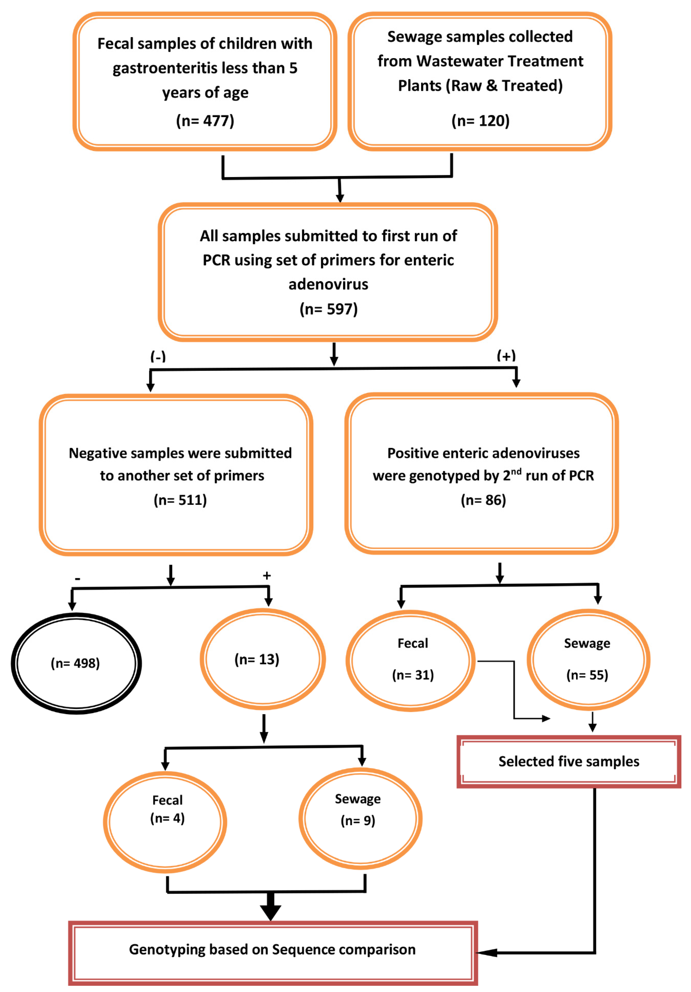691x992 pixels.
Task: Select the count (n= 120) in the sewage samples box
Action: coord(480,121)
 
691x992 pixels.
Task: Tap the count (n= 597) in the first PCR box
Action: coord(328,309)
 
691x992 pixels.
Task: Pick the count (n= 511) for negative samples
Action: coord(180,500)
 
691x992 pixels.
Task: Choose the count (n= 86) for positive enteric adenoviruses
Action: coord(483,500)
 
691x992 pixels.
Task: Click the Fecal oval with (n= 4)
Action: coord(165,822)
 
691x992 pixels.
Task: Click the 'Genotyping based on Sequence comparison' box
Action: coord(273,950)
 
